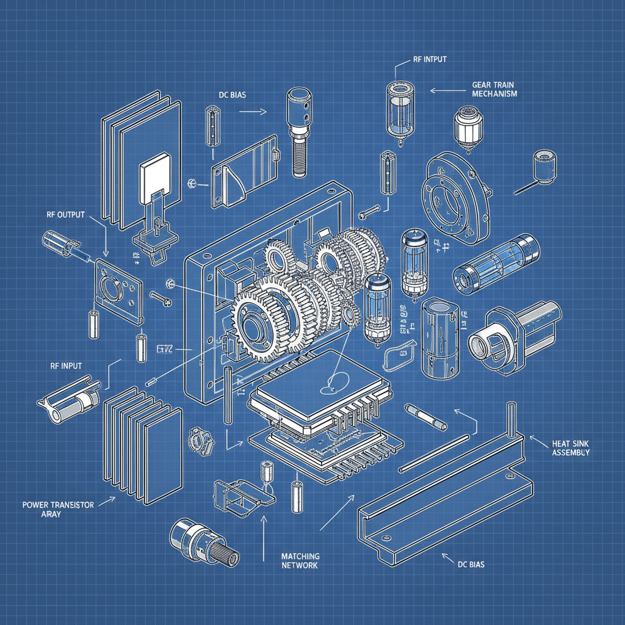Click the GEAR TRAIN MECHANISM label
[x=494, y=89]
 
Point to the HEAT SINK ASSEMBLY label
[x=571, y=447]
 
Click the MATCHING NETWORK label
[x=300, y=560]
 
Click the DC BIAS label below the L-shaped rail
[x=471, y=565]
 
